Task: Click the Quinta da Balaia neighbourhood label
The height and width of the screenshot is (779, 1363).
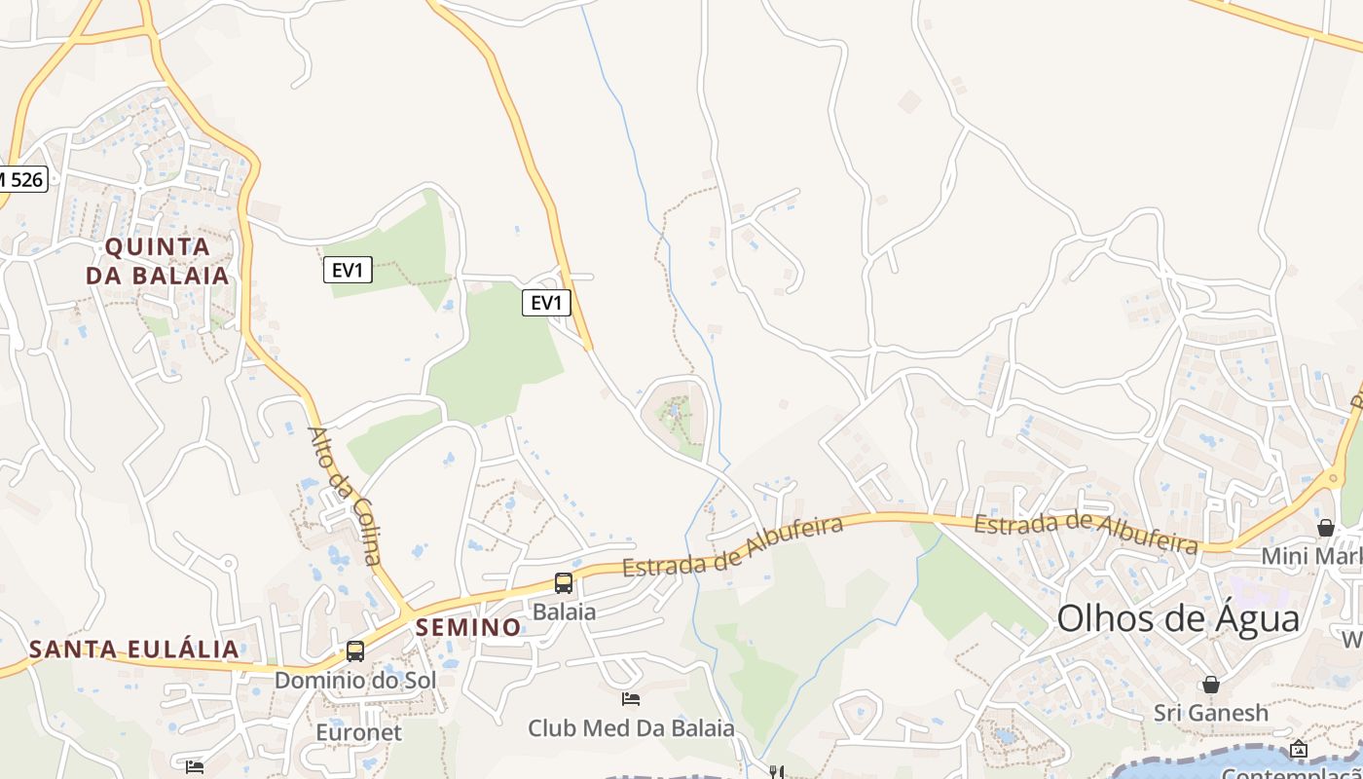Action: [158, 261]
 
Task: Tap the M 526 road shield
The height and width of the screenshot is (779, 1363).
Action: [21, 179]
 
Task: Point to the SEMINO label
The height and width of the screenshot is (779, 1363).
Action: [468, 628]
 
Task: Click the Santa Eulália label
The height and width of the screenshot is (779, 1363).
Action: [133, 649]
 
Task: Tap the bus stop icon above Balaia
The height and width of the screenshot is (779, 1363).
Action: [564, 583]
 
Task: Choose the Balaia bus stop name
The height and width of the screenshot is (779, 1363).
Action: [564, 612]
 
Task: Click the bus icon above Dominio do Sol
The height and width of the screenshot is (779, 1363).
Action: [355, 651]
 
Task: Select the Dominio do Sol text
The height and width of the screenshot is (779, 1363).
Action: [355, 680]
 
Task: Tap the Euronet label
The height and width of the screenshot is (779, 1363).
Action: [358, 732]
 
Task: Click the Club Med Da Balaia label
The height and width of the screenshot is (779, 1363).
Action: [631, 727]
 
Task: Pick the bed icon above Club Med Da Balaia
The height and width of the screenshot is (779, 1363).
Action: [631, 698]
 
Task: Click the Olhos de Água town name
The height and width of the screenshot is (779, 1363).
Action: [1178, 619]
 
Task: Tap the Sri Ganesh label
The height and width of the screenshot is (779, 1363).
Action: [1211, 713]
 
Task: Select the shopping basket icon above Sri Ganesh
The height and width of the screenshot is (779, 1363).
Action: [1211, 685]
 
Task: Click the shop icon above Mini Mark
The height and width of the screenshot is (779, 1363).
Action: [1325, 528]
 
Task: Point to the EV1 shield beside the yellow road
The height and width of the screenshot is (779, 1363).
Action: [546, 303]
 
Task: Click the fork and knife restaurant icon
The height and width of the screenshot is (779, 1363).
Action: [776, 772]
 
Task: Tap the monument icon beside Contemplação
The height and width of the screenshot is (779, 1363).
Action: [1299, 749]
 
